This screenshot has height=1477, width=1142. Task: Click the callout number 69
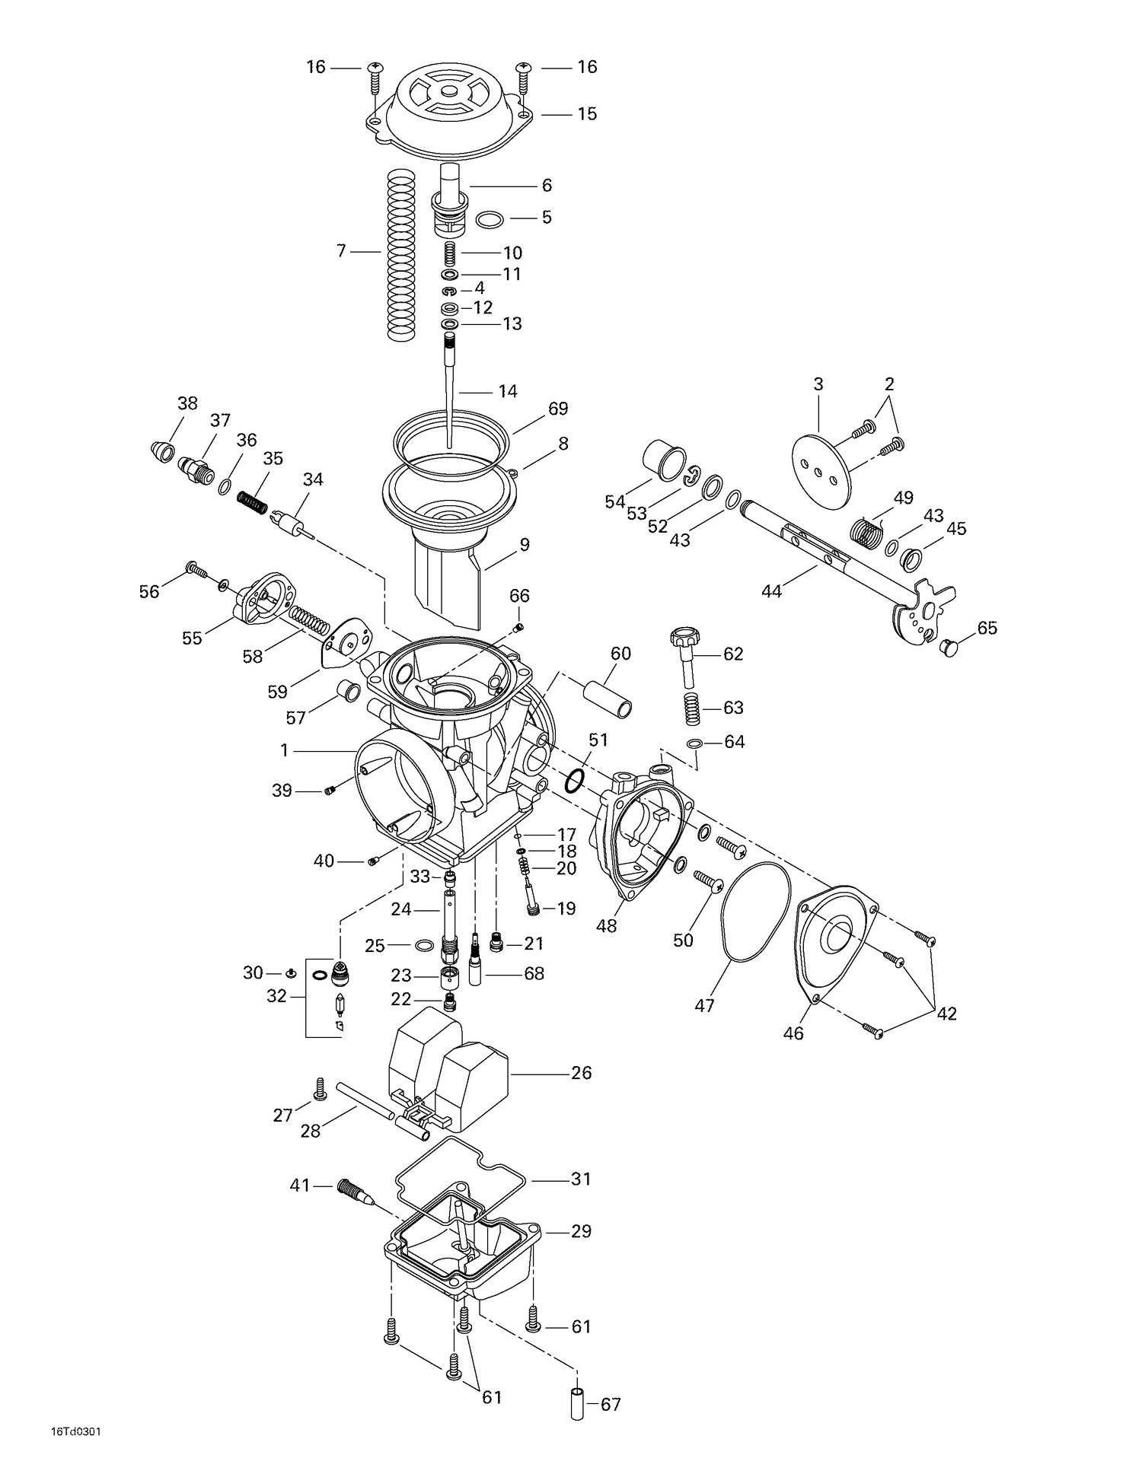pos(558,409)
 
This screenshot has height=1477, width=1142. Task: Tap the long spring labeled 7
pos(402,254)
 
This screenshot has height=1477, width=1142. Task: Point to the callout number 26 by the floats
pos(581,1073)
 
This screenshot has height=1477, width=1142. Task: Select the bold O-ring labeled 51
pos(576,780)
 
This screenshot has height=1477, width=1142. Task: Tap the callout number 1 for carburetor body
pos(284,751)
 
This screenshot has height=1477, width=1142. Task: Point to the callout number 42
pos(946,1014)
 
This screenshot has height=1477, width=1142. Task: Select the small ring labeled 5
pos(490,221)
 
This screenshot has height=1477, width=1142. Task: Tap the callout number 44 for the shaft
pos(771,591)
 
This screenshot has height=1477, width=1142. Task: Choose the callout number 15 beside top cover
pos(586,114)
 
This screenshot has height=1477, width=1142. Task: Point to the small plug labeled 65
pos(949,648)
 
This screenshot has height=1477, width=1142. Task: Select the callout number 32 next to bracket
pos(276,995)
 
